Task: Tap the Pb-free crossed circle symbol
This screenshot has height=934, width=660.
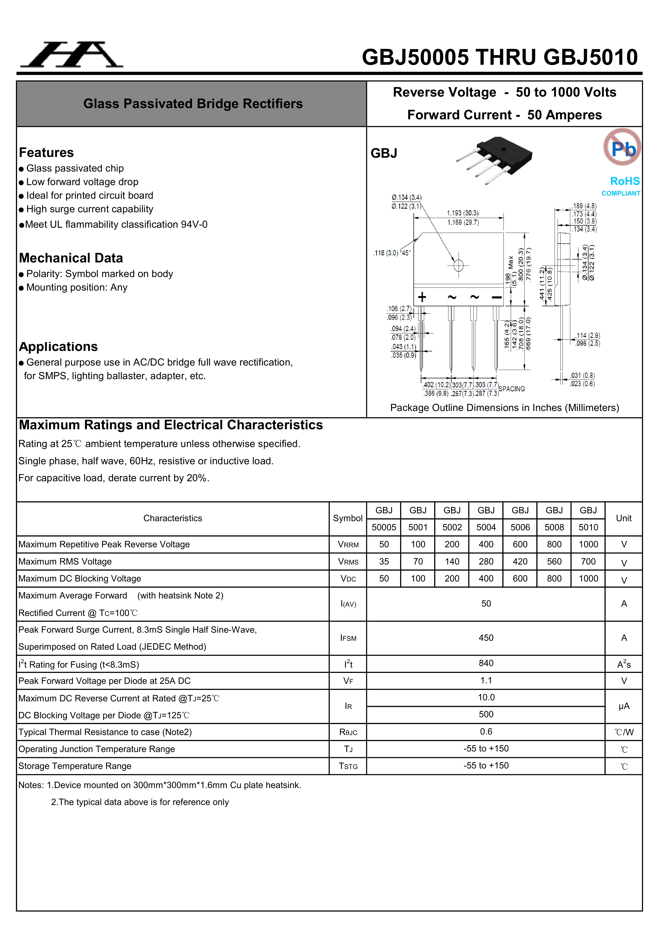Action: coord(622,147)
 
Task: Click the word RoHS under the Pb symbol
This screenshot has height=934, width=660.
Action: coord(625,181)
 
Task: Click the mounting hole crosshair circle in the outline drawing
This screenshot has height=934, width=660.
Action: coord(458,265)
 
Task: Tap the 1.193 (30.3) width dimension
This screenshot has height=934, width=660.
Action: coord(463,213)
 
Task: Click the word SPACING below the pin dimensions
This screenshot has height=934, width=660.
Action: coord(512,389)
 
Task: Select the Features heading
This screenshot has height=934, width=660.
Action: coord(46,152)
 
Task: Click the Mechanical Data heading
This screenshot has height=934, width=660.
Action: coord(71,258)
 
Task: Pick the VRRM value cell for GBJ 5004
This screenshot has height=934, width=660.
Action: coord(486,544)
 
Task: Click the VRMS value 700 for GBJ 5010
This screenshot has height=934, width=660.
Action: coord(588,561)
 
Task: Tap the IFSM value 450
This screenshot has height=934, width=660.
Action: coord(486,638)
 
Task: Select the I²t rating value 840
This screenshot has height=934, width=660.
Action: coord(486,663)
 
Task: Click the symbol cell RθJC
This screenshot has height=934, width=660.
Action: coord(348,732)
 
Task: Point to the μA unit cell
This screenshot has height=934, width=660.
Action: coord(624,706)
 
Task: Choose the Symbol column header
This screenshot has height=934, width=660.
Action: coord(347,518)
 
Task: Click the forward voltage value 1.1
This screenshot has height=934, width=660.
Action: coord(486,680)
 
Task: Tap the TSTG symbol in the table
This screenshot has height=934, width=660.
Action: coord(348,766)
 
